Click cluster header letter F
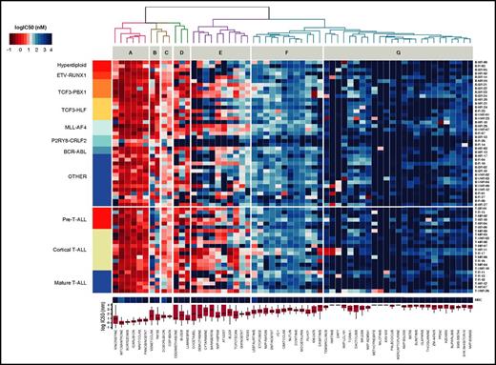coord(286,52)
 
